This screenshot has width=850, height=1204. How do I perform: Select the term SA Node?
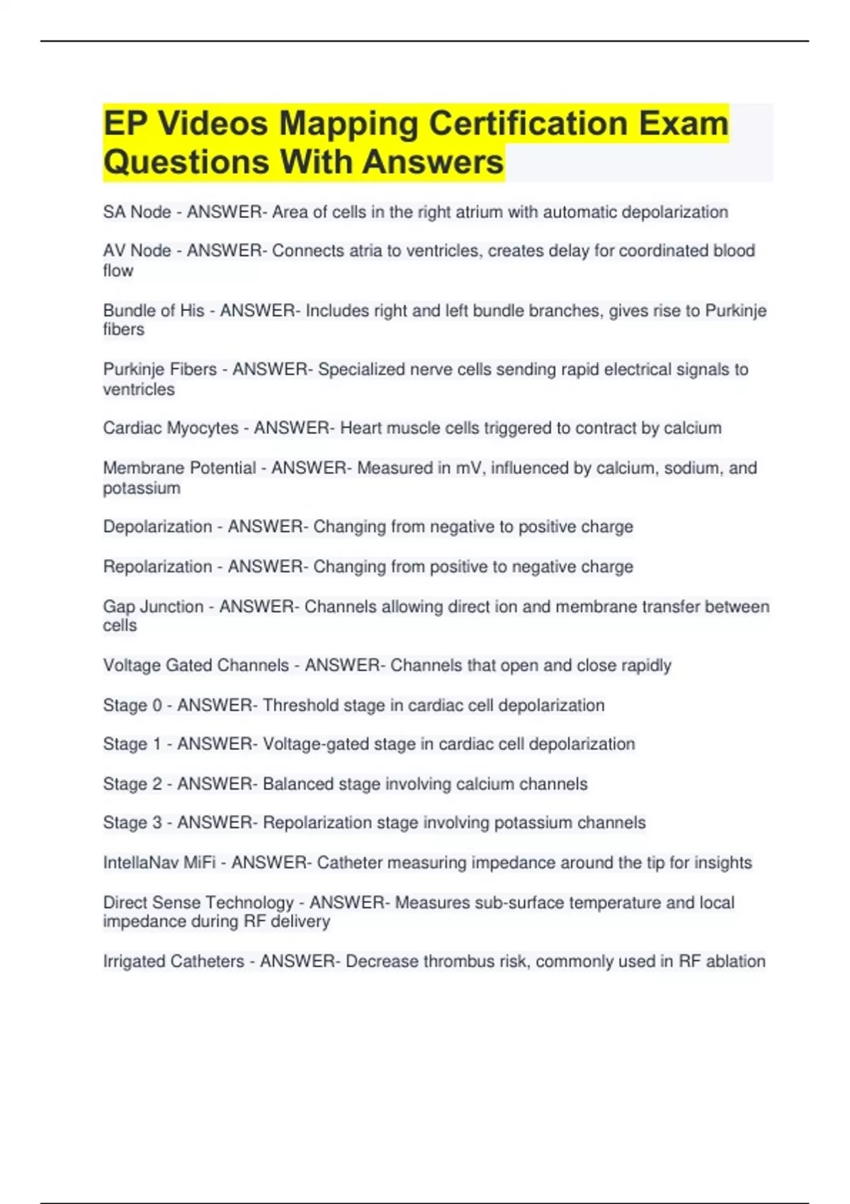click(137, 212)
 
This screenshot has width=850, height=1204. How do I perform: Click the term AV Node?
click(137, 251)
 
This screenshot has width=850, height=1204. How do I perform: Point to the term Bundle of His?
click(154, 310)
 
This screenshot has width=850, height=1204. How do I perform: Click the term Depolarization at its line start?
click(157, 527)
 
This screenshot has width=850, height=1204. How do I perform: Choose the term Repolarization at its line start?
click(157, 567)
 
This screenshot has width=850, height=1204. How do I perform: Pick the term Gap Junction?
click(153, 607)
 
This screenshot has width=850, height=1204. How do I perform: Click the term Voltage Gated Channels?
click(195, 666)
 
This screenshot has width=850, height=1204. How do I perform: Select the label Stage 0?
click(132, 705)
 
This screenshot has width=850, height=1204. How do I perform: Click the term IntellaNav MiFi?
click(159, 863)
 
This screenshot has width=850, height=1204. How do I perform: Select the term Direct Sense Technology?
click(198, 903)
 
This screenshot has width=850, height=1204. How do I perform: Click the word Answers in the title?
click(433, 162)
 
